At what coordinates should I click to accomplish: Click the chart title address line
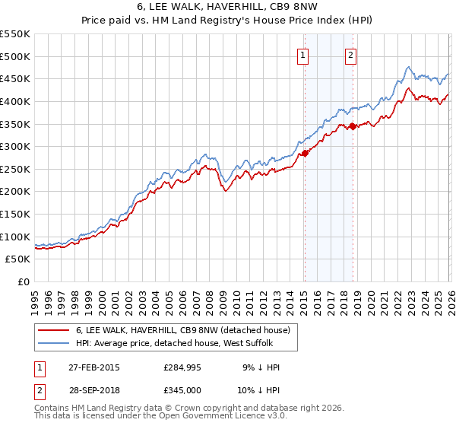coord(227,8)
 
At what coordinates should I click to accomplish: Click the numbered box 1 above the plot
coord(303,54)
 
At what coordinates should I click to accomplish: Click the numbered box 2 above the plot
coord(351,54)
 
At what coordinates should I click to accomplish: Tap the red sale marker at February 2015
coord(305,153)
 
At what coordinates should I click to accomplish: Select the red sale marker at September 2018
coord(353,126)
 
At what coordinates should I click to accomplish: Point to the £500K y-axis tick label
coord(15,56)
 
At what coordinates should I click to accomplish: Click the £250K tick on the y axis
coord(15,169)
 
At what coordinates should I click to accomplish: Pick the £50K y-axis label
coord(18,259)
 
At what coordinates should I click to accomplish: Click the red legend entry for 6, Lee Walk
coord(182,330)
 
